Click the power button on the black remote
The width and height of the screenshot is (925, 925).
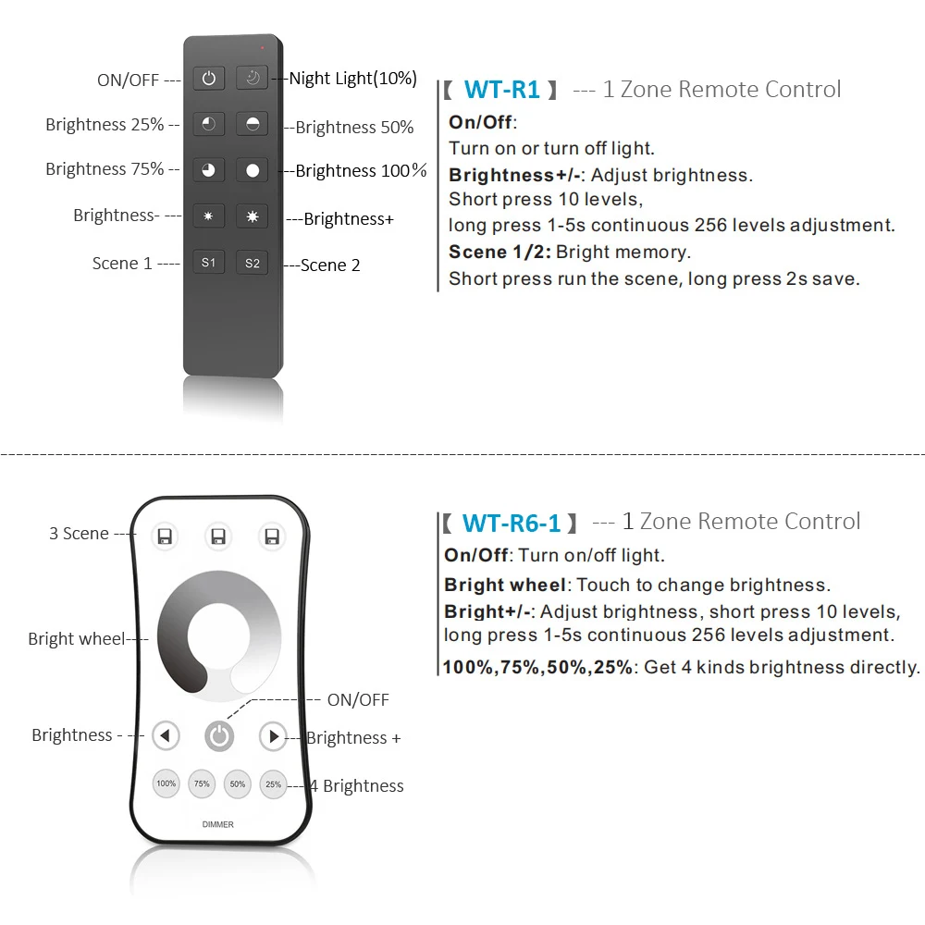(209, 79)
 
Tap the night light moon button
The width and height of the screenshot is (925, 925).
(252, 79)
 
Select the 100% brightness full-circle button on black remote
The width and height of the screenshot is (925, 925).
(252, 170)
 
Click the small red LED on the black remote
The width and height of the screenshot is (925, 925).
(263, 46)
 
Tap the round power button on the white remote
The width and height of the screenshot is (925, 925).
(219, 736)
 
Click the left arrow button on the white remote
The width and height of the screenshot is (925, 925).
(166, 736)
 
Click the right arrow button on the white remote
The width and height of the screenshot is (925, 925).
(273, 736)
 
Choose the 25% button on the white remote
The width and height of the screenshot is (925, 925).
(273, 784)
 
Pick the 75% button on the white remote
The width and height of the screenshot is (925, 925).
(202, 784)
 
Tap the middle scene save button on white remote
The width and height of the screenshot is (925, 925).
(218, 536)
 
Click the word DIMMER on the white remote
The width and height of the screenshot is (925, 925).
(218, 824)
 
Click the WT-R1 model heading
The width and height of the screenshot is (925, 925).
(501, 90)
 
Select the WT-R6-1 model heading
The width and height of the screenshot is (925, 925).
(512, 523)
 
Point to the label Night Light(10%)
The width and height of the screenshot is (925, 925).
(352, 79)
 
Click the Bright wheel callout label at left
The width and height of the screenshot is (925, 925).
(76, 638)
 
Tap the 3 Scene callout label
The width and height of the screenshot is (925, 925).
(79, 534)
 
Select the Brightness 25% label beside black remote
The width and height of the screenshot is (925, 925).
(105, 125)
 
